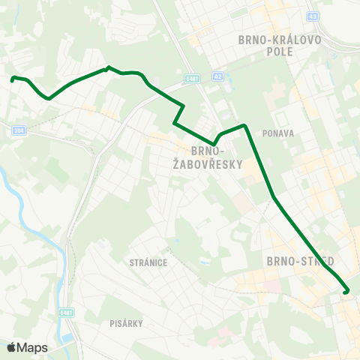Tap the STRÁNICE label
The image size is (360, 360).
(x=148, y=262)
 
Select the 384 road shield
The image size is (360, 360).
(x=19, y=130)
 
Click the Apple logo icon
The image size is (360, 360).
(x=11, y=347)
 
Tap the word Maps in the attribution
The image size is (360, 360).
(x=32, y=347)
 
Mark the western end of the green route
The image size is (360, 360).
(x=13, y=78)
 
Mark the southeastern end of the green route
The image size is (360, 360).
(x=346, y=292)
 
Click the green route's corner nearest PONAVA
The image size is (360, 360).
(x=244, y=125)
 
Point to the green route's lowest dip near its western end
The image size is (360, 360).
(x=48, y=97)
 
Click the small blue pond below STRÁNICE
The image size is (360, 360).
(x=202, y=263)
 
